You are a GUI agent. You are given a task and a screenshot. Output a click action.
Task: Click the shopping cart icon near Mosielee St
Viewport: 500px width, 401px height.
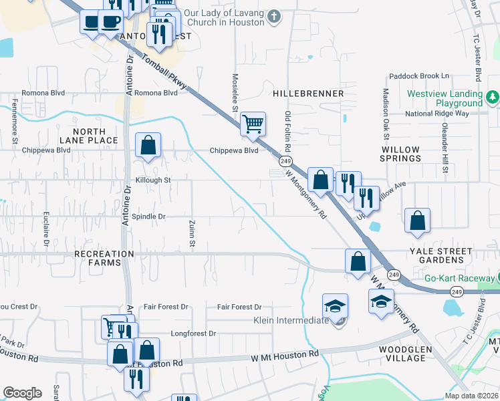point(253,124)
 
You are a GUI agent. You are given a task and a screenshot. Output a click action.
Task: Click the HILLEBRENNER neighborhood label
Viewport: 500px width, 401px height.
point(308,94)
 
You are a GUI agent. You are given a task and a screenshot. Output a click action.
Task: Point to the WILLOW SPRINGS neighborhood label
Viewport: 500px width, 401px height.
point(400,154)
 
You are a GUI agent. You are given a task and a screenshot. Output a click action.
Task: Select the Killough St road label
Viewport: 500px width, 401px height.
point(153,180)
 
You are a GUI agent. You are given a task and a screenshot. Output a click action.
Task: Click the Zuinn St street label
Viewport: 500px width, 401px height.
point(191,235)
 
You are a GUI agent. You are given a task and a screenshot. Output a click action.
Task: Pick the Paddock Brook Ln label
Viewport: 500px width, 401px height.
point(420,76)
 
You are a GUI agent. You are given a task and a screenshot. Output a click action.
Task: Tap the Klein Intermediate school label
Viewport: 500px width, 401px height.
point(291,320)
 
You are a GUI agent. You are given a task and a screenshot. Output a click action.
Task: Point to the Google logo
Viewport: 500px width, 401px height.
point(23,393)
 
